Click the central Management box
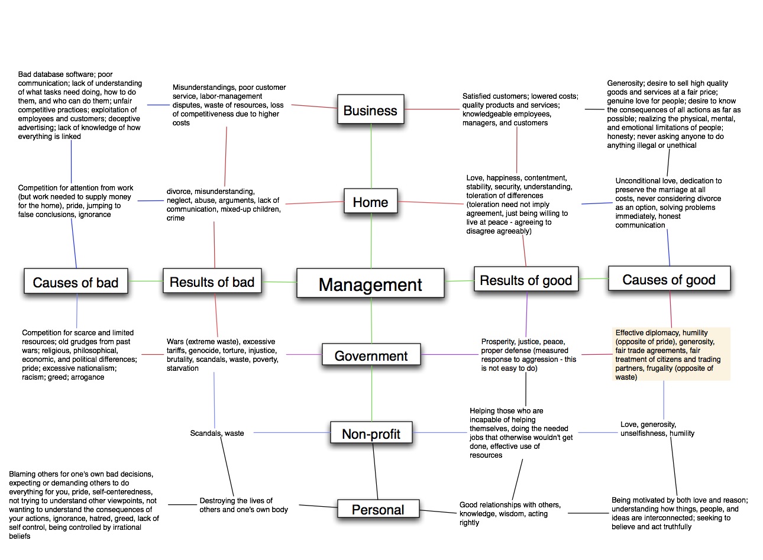coord(370,283)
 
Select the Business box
coord(371,109)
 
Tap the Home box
coord(371,201)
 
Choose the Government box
coord(371,354)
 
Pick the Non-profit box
coord(371,433)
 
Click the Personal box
coord(378,509)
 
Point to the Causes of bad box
coord(76,281)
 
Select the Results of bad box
coord(212,281)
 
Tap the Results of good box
coord(526,279)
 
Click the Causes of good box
coord(670,279)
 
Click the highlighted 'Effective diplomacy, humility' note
coord(671,354)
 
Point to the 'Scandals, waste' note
coord(217,433)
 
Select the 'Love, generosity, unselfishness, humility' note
coord(657,429)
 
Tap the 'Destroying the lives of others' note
coord(244,505)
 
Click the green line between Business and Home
coord(371,156)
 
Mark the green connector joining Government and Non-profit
coord(371,393)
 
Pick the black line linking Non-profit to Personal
coord(376,471)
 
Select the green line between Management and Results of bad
coord(279,281)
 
